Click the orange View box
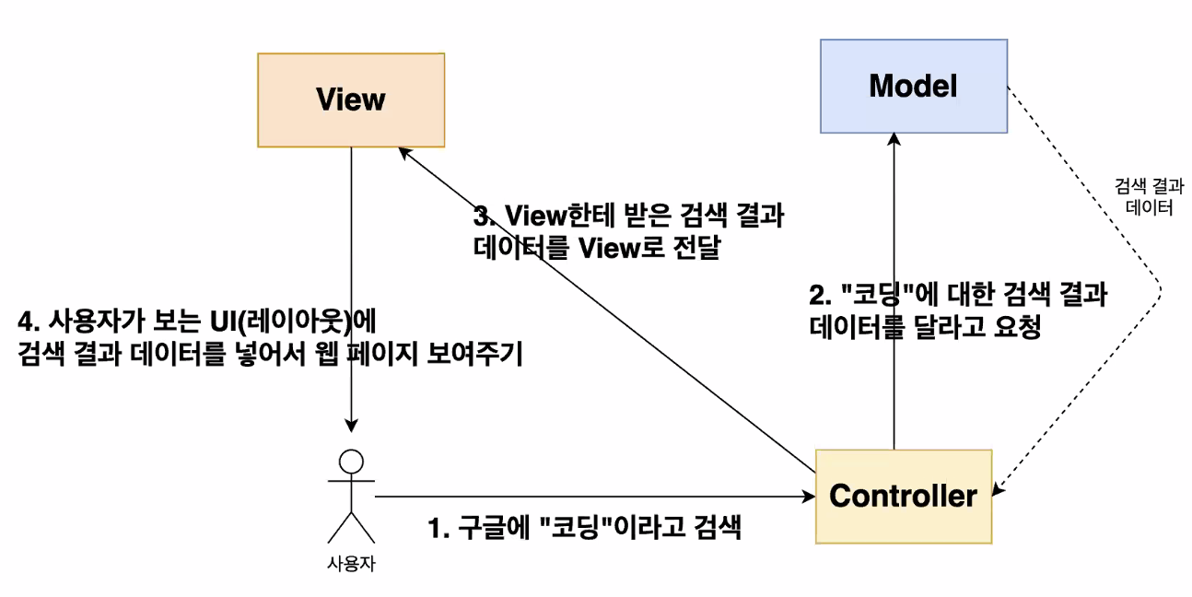click(x=351, y=99)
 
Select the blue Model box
click(x=913, y=87)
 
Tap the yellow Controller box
click(x=903, y=496)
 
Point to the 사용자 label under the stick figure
click(x=351, y=563)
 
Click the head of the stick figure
click(x=351, y=460)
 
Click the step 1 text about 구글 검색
click(x=584, y=529)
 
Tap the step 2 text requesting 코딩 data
click(x=958, y=311)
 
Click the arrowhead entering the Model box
click(x=894, y=139)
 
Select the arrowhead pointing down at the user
click(x=351, y=426)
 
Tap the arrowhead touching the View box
click(x=402, y=151)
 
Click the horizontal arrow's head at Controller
click(x=810, y=497)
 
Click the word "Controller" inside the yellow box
click(x=903, y=496)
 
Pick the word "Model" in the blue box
click(x=913, y=87)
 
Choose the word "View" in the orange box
click(x=351, y=99)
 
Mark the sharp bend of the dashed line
click(x=1162, y=293)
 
